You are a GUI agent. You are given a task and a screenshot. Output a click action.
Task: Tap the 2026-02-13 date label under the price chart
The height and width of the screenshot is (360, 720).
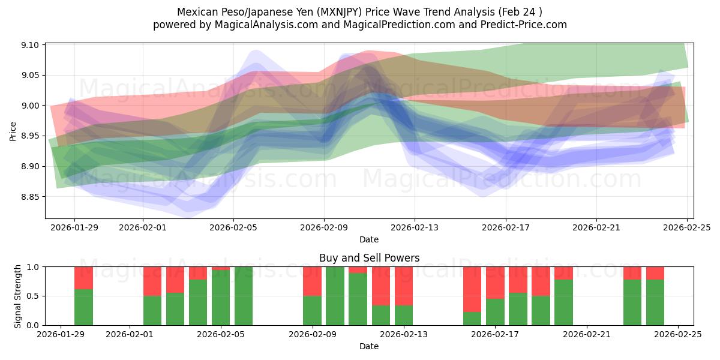415,228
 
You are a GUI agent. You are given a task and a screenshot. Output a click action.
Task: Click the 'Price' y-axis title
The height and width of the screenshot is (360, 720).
13,131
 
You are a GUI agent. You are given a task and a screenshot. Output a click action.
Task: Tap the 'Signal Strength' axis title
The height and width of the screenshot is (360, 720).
18,296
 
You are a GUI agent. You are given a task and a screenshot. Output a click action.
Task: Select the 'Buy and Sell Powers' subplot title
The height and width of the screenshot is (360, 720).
369,258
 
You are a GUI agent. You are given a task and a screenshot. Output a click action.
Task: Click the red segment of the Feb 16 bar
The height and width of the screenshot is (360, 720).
472,289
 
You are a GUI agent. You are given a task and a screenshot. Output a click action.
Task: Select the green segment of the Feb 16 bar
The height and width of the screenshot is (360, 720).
472,319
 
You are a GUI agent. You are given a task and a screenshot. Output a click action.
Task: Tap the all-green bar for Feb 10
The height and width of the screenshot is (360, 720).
335,296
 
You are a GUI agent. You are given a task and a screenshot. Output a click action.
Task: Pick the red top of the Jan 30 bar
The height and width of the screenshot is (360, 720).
83,278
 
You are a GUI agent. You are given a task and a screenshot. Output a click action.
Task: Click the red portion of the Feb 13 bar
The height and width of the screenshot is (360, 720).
404,286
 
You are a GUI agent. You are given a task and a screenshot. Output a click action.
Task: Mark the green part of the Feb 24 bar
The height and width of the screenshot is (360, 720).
655,302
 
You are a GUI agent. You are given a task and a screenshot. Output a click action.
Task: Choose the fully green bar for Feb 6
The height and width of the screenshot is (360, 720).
244,296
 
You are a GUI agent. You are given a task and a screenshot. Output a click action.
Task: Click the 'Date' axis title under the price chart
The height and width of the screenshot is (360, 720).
369,240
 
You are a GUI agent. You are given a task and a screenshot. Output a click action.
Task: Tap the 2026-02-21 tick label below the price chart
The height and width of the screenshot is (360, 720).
596,228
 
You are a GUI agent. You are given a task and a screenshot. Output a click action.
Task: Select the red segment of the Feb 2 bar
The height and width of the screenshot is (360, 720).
152,281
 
